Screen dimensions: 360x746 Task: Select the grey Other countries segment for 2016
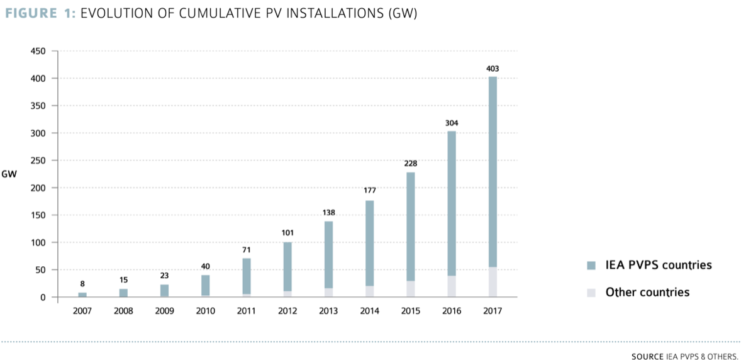pyautogui.click(x=452, y=286)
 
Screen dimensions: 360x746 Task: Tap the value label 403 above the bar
pyautogui.click(x=493, y=69)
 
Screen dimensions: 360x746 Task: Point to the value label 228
pyautogui.click(x=411, y=164)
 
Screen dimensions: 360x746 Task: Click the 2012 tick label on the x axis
pyautogui.click(x=287, y=311)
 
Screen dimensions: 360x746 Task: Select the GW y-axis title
pyautogui.click(x=9, y=174)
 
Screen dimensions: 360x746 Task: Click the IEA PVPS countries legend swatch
pyautogui.click(x=591, y=266)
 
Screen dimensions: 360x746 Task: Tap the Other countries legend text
pyautogui.click(x=647, y=293)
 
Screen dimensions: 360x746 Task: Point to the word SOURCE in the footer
pyautogui.click(x=647, y=356)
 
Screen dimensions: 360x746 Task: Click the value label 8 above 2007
pyautogui.click(x=82, y=284)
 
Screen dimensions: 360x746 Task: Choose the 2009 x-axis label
pyautogui.click(x=164, y=311)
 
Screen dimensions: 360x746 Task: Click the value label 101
pyautogui.click(x=287, y=233)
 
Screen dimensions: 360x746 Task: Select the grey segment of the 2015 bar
pyautogui.click(x=411, y=289)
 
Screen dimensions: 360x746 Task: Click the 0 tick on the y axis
pyautogui.click(x=42, y=297)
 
